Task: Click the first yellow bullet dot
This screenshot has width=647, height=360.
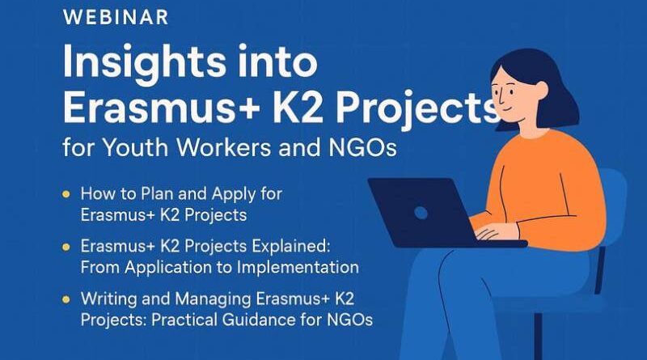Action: (x=65, y=194)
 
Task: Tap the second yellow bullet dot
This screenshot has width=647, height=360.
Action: (x=65, y=245)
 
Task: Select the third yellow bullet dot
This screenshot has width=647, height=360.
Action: (x=65, y=297)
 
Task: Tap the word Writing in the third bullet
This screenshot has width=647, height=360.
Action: (x=109, y=297)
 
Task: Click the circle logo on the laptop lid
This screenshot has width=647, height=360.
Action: (x=421, y=213)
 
